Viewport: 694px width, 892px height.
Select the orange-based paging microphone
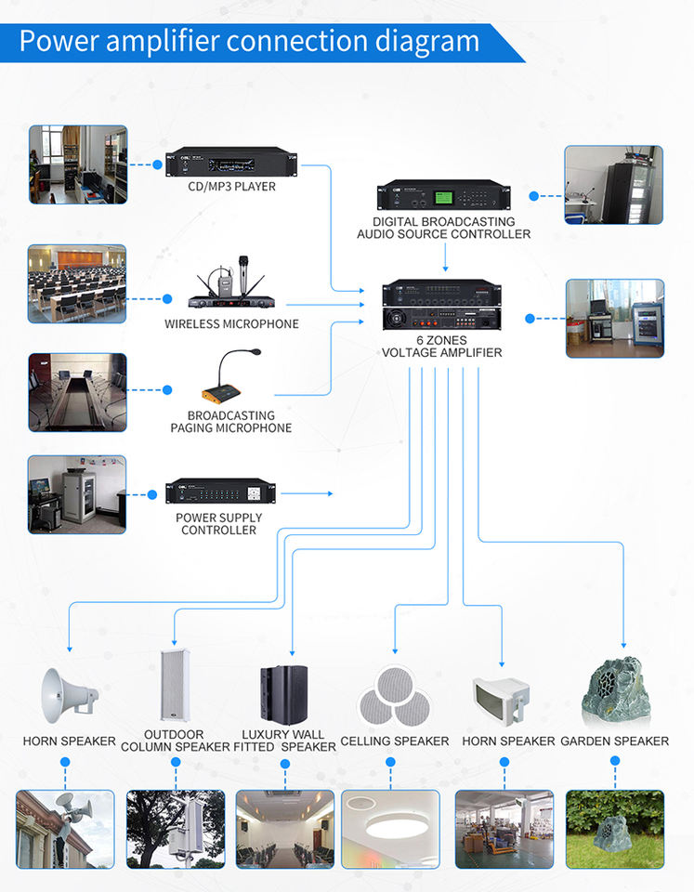pyautogui.click(x=229, y=376)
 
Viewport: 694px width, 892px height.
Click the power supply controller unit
pyautogui.click(x=221, y=491)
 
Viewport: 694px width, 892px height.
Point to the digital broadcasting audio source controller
pyautogui.click(x=444, y=195)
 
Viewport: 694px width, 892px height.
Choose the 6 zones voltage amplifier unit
pyautogui.click(x=441, y=305)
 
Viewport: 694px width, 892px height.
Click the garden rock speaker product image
pyautogui.click(x=616, y=691)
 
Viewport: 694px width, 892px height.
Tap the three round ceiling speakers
pyautogui.click(x=395, y=697)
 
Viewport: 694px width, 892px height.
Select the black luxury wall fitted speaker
pyautogui.click(x=284, y=694)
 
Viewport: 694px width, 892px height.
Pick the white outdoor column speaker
pyautogui.click(x=175, y=685)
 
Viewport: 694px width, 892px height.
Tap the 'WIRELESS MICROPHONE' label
pyautogui.click(x=231, y=324)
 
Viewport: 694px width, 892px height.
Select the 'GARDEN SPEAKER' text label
pyautogui.click(x=615, y=741)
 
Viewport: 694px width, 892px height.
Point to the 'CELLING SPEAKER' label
pyautogui.click(x=395, y=741)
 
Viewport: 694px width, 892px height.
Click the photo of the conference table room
pyautogui.click(x=77, y=392)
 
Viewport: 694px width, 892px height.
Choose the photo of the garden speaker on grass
pyautogui.click(x=615, y=830)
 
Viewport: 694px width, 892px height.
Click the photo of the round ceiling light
pyautogui.click(x=391, y=830)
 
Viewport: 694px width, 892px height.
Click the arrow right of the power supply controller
pyautogui.click(x=308, y=493)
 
